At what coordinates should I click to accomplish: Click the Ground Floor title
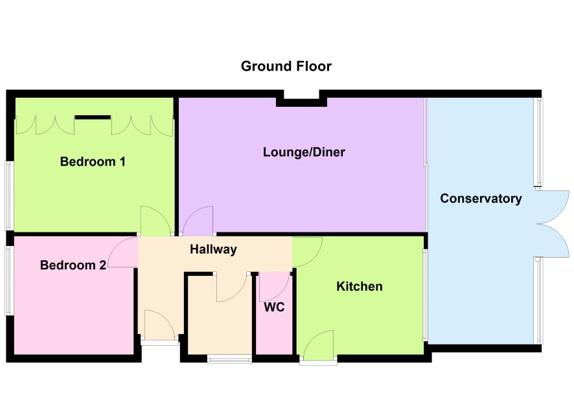(x=286, y=66)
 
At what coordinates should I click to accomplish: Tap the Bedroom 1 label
(x=93, y=161)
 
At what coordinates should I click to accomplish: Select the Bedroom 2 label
(x=73, y=265)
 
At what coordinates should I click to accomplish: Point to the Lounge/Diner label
(x=304, y=152)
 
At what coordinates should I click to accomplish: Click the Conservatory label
(x=481, y=198)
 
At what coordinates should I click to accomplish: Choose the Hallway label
(x=213, y=249)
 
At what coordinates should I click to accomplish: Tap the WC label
(x=274, y=308)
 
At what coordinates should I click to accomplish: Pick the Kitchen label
(x=360, y=286)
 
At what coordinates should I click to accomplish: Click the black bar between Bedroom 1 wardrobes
(x=93, y=117)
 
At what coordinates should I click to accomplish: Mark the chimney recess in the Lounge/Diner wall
(x=302, y=98)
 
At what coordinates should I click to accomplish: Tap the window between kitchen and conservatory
(x=425, y=295)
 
